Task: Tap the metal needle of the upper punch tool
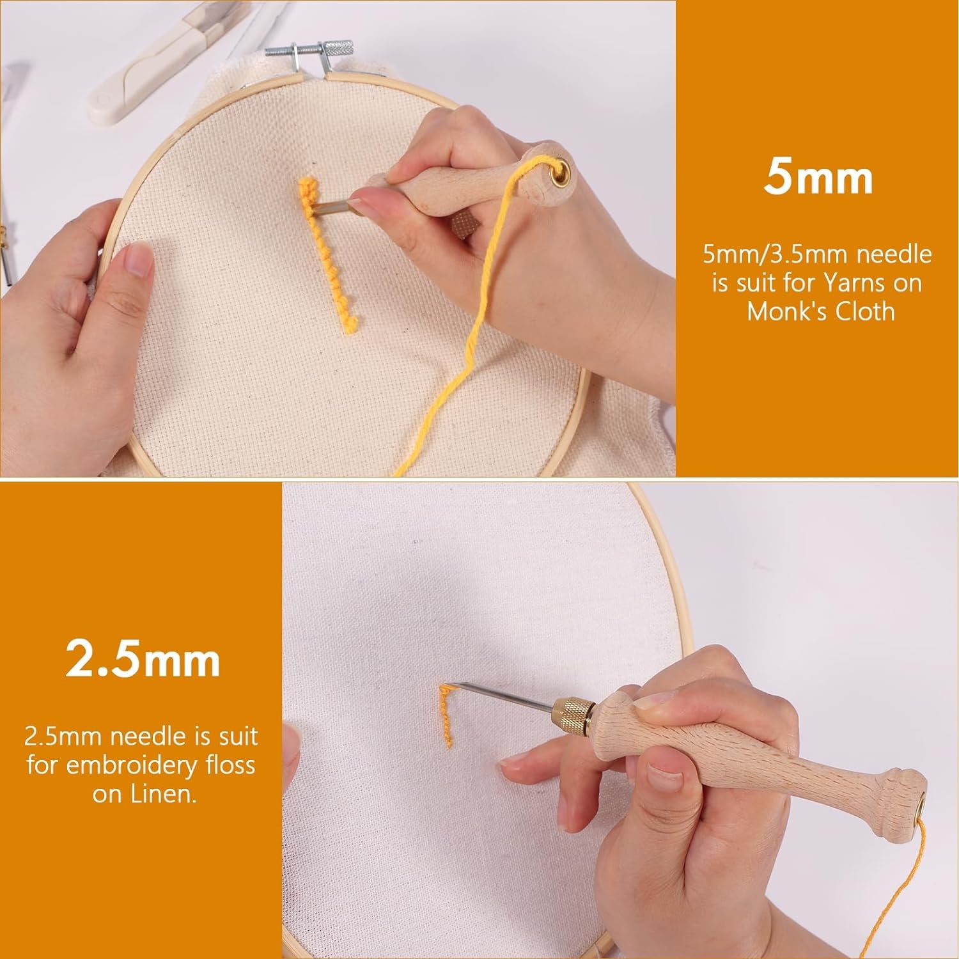point(336,204)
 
